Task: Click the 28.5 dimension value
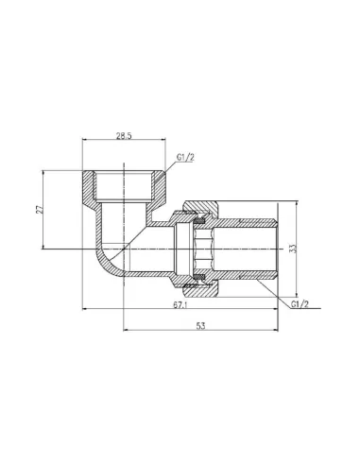pos(125,138)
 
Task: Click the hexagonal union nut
pos(198,249)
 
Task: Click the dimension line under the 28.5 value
pos(125,145)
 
